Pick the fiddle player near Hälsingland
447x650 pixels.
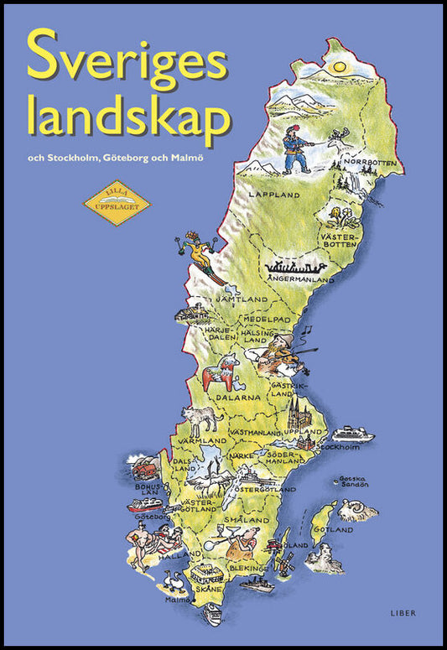coord(283,352)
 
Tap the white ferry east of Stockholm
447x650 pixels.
coord(352,434)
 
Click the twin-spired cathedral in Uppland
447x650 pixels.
coord(299,413)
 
